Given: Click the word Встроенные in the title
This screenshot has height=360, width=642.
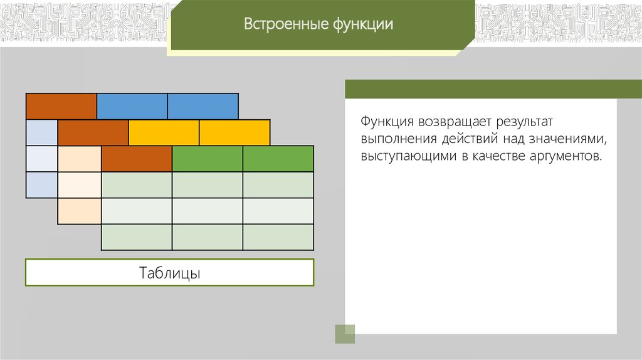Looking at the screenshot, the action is click(x=286, y=24).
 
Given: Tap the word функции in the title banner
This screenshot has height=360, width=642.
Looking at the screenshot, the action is click(x=363, y=24).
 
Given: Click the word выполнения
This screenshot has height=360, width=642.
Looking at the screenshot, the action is click(x=398, y=139).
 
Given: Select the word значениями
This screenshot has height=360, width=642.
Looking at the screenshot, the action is click(x=567, y=139).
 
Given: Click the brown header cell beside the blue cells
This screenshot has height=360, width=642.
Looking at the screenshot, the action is click(x=61, y=107).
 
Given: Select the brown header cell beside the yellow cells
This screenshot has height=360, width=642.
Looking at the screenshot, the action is click(x=93, y=133).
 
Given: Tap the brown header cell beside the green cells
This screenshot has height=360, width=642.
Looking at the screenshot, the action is click(x=136, y=159).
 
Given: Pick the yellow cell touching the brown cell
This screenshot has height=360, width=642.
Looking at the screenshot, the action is click(x=164, y=133).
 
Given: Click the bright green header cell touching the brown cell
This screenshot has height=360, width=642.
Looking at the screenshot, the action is click(x=207, y=159).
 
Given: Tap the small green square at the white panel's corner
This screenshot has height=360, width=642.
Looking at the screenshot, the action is click(x=345, y=334).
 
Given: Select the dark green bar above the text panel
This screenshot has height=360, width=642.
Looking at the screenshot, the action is click(x=493, y=89).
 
